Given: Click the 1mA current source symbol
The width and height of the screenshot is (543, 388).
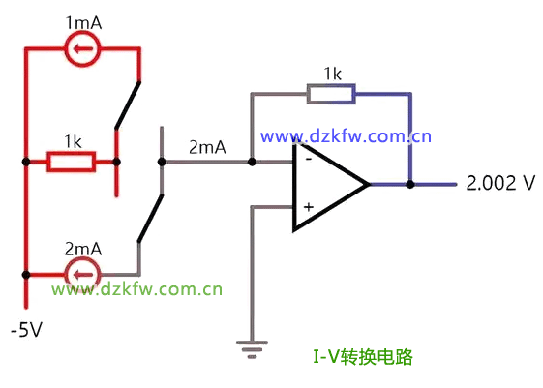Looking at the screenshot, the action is (x=82, y=48).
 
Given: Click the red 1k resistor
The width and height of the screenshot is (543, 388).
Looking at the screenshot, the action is (x=72, y=162).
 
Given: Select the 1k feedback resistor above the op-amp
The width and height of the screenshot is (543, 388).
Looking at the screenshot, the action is (x=331, y=94).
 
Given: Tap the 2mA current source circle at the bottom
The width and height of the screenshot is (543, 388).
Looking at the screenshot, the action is (x=82, y=275).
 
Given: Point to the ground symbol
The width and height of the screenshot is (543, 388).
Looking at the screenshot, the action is (x=252, y=349).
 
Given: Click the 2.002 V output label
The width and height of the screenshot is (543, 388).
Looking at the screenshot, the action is (x=500, y=183).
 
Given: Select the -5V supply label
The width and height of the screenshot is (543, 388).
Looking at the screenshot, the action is (x=26, y=329).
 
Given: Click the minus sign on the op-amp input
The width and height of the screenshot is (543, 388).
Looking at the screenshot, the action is (x=308, y=159).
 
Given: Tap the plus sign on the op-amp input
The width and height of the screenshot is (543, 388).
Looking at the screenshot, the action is (x=308, y=207).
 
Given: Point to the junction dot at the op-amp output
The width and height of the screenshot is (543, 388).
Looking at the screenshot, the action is (x=410, y=184).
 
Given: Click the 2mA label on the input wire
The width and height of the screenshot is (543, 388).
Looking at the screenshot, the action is (x=207, y=147).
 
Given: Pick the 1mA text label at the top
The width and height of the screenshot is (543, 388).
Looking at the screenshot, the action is (x=83, y=23).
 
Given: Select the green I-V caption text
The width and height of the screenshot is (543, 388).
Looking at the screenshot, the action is (x=363, y=356).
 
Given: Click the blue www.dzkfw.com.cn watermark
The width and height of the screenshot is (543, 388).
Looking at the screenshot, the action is (x=346, y=136).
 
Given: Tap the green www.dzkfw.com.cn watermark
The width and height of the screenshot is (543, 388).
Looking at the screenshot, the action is (x=136, y=289).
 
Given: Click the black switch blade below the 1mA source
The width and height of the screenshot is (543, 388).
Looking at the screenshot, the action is (x=128, y=104).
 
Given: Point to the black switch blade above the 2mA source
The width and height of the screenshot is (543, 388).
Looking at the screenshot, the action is (x=150, y=218).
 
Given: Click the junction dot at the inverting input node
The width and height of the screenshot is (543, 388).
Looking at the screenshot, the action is (x=252, y=162).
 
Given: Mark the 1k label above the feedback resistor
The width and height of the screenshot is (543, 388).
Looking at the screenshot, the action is (x=332, y=74).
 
